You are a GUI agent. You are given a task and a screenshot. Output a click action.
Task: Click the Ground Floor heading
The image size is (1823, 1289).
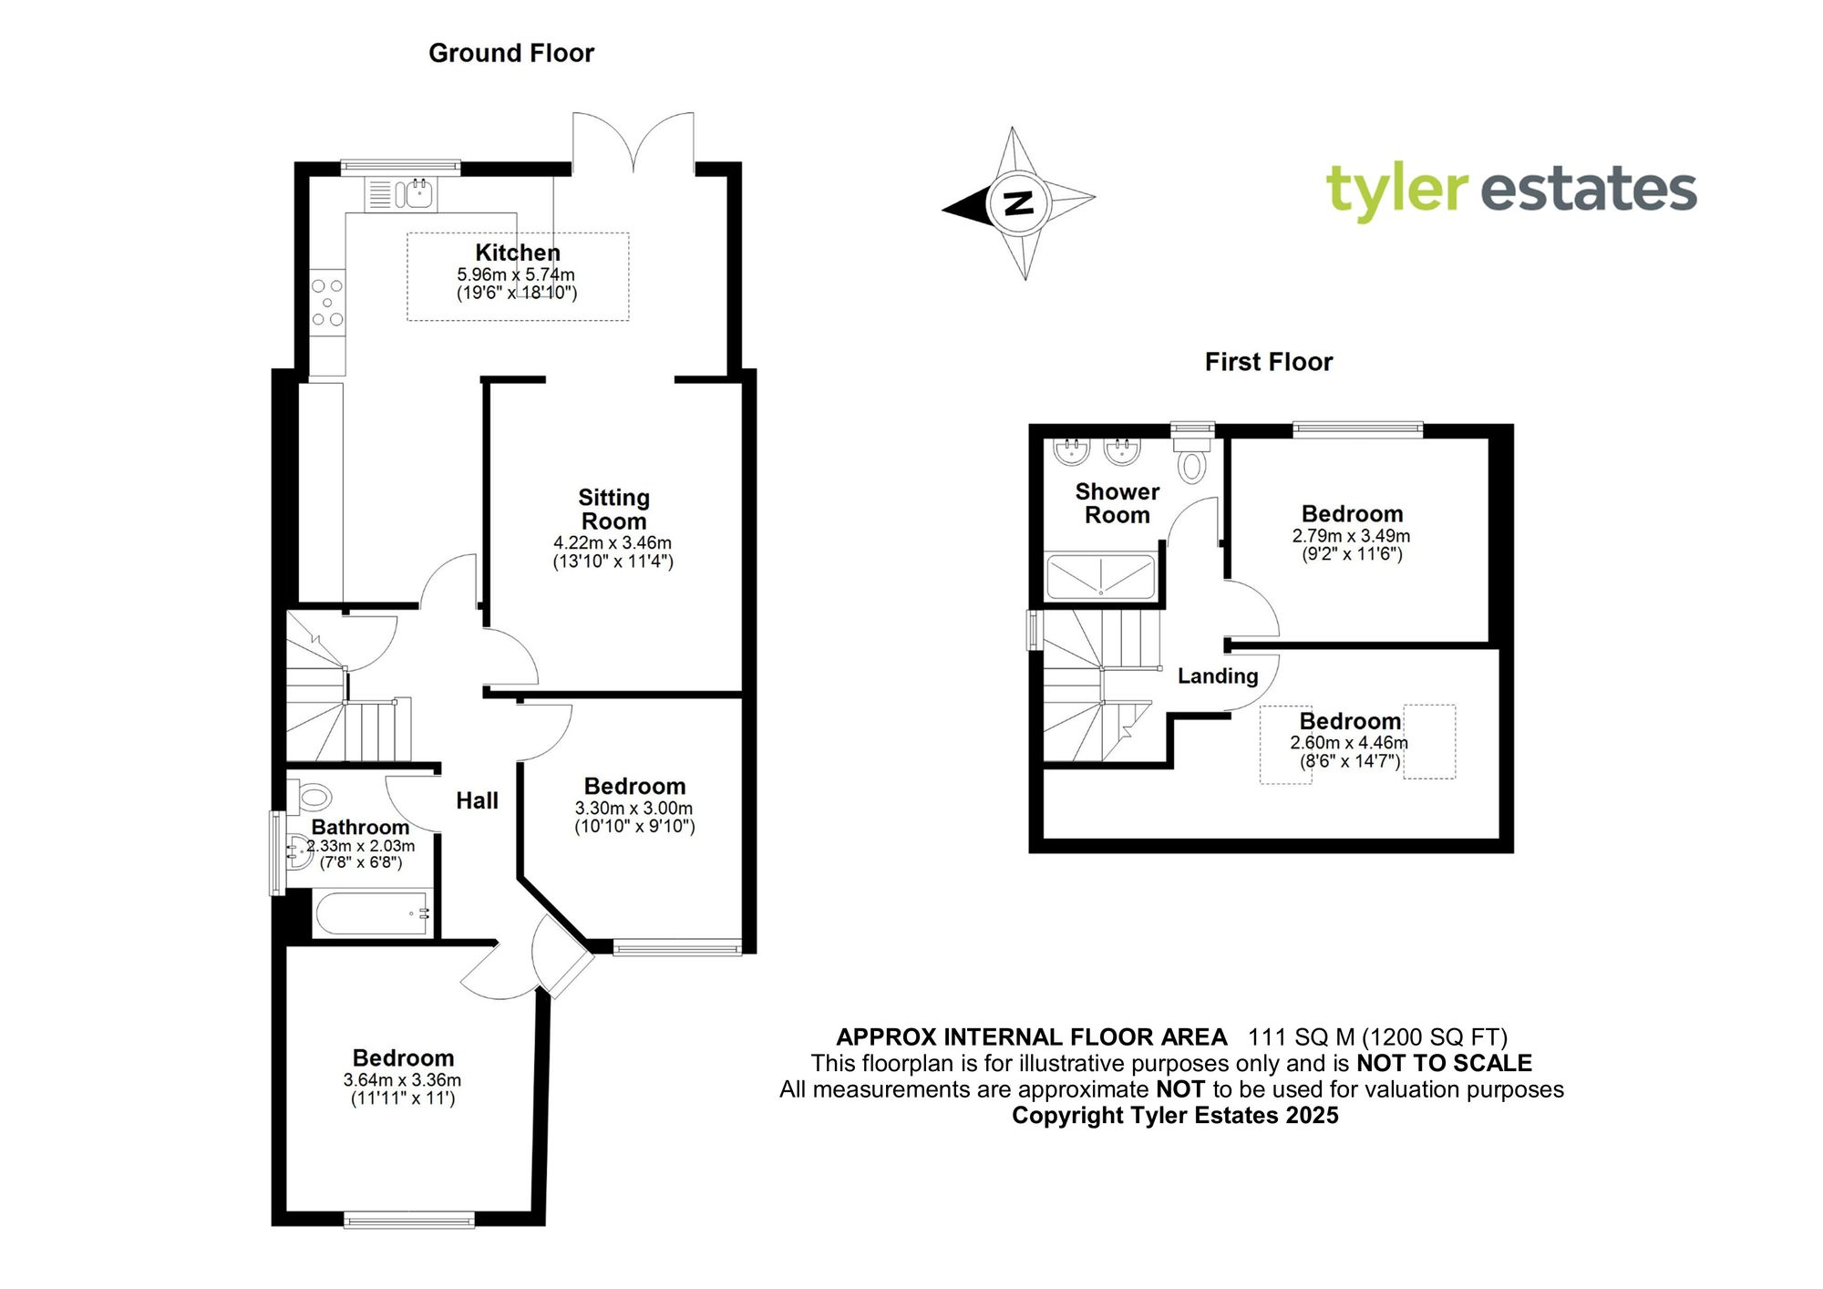click(510, 54)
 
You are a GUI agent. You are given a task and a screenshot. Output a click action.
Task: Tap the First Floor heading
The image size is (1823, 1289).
click(1268, 362)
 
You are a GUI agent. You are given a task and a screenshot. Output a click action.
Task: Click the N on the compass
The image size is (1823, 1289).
click(1017, 201)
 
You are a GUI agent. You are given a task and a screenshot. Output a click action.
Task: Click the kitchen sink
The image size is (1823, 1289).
click(419, 193)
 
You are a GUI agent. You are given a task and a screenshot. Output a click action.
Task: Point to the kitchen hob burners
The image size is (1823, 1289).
click(327, 302)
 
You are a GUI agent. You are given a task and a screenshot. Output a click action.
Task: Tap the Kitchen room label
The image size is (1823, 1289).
click(518, 253)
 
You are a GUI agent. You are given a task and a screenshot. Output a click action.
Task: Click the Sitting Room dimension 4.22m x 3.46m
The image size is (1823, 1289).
click(613, 543)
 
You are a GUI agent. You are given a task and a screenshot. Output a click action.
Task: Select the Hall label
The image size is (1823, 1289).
click(477, 800)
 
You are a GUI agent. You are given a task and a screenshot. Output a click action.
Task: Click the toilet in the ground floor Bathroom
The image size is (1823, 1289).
click(312, 797)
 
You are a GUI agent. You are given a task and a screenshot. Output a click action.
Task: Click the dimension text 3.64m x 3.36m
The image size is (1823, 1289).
click(402, 1080)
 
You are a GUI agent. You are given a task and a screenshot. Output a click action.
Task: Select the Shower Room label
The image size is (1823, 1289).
click(1117, 503)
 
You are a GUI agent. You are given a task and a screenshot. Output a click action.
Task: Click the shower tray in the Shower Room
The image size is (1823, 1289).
click(1100, 576)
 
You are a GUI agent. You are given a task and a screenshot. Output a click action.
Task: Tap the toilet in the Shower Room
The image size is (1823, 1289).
click(1191, 461)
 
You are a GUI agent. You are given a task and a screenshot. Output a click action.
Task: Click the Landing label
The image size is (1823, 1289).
click(1217, 676)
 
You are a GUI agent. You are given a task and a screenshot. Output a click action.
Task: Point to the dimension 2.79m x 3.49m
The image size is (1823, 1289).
click(1351, 536)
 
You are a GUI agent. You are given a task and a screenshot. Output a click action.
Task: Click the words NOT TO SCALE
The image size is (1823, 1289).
click(1444, 1063)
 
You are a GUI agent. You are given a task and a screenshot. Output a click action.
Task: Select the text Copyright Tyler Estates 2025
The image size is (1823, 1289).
click(1175, 1116)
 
